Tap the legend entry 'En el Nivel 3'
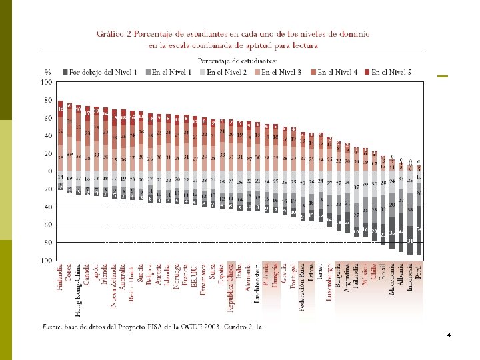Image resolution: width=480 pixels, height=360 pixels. coord(281,71)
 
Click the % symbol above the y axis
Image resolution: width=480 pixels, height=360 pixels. coord(48,71)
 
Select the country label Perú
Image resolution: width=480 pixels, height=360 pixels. coord(419,272)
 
